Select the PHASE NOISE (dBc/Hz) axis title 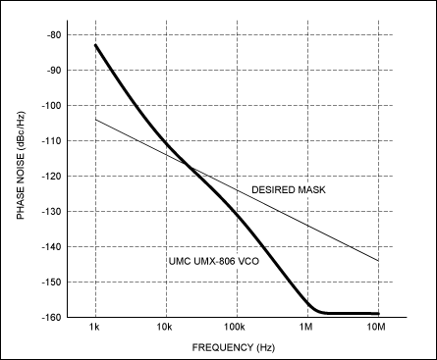pyautogui.click(x=22, y=177)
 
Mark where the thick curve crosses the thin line pyautogui.click(x=188, y=166)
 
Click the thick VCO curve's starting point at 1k pyautogui.click(x=95, y=45)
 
